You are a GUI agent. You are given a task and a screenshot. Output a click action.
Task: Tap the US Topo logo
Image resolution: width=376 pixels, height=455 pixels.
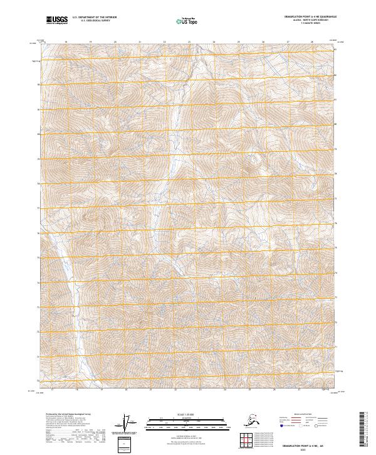click(186, 21)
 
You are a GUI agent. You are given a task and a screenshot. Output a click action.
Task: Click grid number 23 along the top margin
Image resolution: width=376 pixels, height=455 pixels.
click(189, 42)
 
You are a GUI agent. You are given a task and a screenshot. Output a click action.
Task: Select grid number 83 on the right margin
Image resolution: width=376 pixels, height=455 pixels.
click(335, 50)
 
